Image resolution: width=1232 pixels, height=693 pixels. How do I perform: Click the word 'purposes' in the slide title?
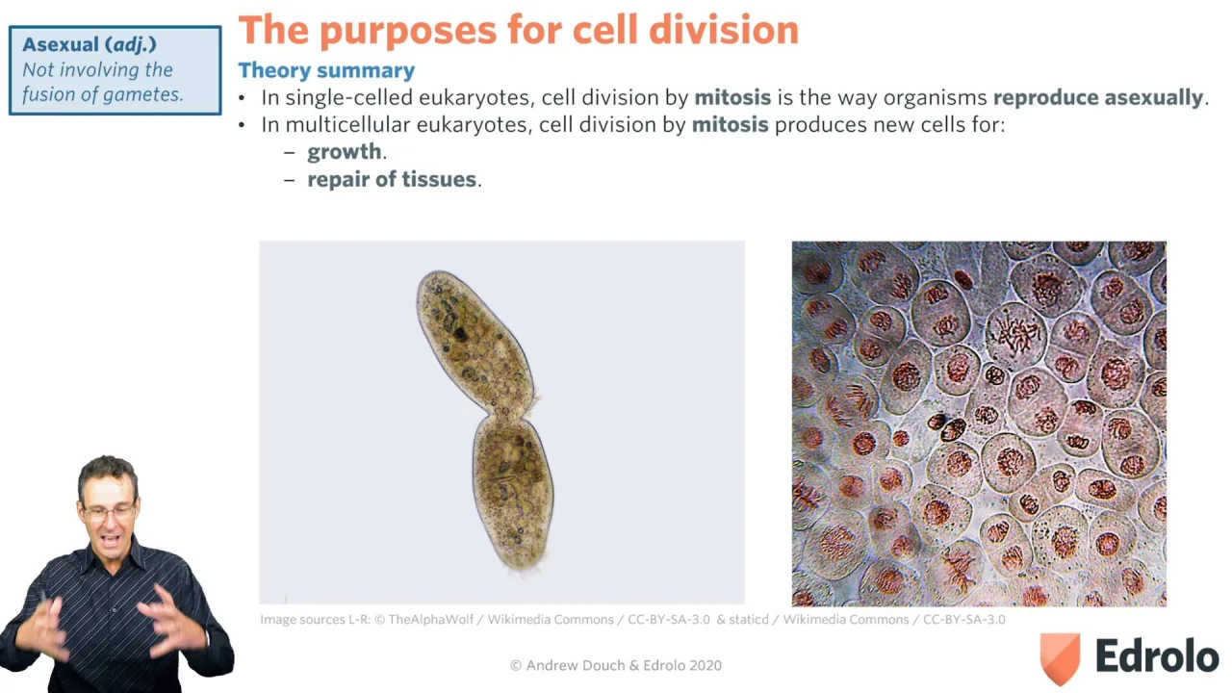(408, 31)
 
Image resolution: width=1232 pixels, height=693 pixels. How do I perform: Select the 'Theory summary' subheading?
(326, 70)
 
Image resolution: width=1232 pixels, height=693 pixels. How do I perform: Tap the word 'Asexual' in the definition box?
(61, 44)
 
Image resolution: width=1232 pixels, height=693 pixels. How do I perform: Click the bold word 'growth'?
(345, 152)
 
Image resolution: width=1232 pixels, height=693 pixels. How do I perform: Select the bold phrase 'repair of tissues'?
(392, 179)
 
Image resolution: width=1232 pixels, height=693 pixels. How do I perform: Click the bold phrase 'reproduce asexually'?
(1098, 98)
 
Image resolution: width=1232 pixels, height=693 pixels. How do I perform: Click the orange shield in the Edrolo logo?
(1060, 657)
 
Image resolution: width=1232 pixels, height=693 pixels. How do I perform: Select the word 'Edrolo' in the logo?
(1157, 656)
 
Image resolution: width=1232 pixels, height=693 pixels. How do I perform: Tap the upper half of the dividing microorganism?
(475, 340)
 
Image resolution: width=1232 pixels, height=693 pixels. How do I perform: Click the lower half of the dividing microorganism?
(514, 492)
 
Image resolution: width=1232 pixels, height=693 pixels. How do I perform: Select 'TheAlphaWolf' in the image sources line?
(430, 620)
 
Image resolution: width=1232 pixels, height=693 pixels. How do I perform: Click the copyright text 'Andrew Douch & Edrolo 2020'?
(623, 665)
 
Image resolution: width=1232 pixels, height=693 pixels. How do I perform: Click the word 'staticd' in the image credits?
(749, 620)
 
